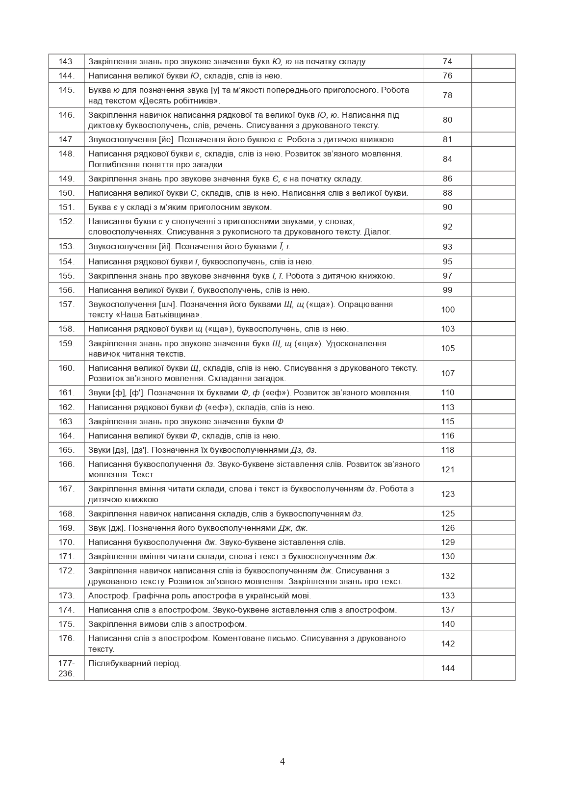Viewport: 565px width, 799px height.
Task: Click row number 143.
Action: tap(66, 61)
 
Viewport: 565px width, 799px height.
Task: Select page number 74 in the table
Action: tap(447, 61)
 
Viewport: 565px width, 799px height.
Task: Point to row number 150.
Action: tap(66, 193)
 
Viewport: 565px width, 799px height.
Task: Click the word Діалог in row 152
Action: tap(377, 232)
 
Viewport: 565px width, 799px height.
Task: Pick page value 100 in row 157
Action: tap(448, 309)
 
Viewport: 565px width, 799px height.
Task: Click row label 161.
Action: tap(66, 392)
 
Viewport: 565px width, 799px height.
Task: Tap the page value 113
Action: tap(448, 407)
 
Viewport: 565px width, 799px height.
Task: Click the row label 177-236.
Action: tap(66, 668)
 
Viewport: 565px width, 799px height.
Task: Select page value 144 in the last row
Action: tap(448, 668)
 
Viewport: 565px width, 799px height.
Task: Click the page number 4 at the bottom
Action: tap(282, 761)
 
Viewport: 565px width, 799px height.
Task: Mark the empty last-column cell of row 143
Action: tap(493, 61)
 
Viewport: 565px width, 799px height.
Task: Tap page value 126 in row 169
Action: tap(448, 528)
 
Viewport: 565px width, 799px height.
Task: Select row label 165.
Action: tap(66, 450)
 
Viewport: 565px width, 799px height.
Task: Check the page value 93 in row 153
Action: tap(447, 247)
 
